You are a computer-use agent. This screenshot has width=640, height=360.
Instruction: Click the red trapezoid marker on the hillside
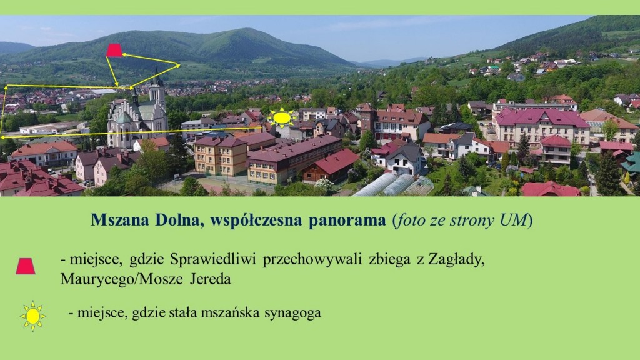[114, 50]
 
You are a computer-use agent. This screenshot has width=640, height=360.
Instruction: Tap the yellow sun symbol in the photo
[282, 118]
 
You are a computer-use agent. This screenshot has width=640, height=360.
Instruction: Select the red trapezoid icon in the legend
[26, 266]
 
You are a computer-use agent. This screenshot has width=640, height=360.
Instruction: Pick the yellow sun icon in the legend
[32, 316]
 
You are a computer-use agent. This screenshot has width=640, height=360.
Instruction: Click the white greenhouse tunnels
[394, 185]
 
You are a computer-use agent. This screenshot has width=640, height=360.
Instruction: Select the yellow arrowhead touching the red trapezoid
[125, 55]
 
